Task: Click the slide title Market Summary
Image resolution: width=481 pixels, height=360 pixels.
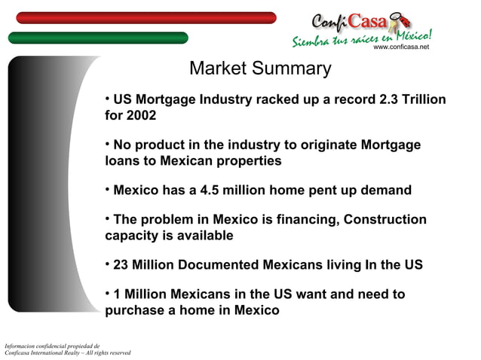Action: click(x=260, y=69)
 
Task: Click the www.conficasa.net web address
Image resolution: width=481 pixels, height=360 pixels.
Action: click(x=401, y=47)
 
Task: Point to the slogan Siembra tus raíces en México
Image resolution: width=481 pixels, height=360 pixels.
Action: click(x=362, y=37)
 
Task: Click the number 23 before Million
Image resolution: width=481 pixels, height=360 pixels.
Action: click(x=122, y=265)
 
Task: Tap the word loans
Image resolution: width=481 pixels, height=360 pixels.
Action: click(x=123, y=160)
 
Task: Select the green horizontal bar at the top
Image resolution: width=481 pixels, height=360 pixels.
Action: click(x=98, y=38)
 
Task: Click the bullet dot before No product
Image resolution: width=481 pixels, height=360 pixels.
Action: click(x=108, y=142)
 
